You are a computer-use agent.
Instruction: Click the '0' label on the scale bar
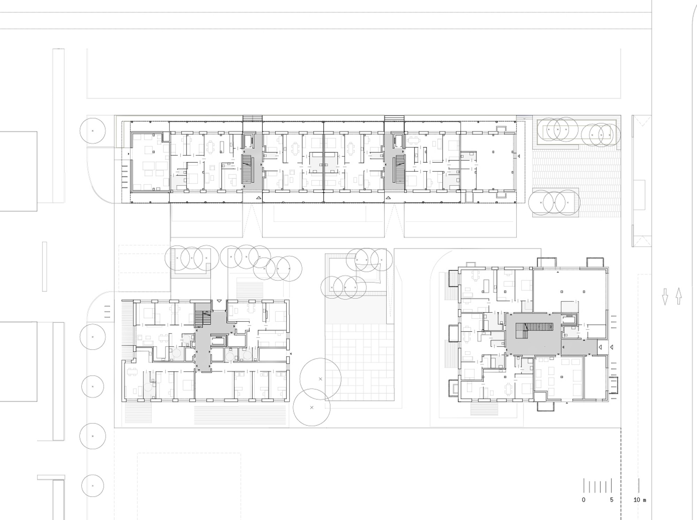pyautogui.click(x=584, y=500)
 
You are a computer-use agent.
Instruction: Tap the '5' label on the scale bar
pyautogui.click(x=612, y=500)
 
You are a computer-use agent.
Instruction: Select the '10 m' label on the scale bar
pyautogui.click(x=639, y=500)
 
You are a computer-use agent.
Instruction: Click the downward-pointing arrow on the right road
pyautogui.click(x=665, y=297)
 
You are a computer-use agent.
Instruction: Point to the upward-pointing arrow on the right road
pyautogui.click(x=679, y=296)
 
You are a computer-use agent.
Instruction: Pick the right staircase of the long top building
pyautogui.click(x=399, y=169)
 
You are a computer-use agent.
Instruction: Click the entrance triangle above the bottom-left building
pyautogui.click(x=219, y=301)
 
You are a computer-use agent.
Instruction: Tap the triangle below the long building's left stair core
pyautogui.click(x=258, y=198)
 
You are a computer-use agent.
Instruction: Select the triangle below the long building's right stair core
pyautogui.click(x=388, y=198)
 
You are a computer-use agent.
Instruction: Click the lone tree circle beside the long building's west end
pyautogui.click(x=92, y=131)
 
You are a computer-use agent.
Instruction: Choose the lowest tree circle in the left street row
pyautogui.click(x=93, y=486)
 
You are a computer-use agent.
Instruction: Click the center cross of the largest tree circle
pyautogui.click(x=320, y=379)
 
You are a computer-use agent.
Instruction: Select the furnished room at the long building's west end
pyautogui.click(x=150, y=162)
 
